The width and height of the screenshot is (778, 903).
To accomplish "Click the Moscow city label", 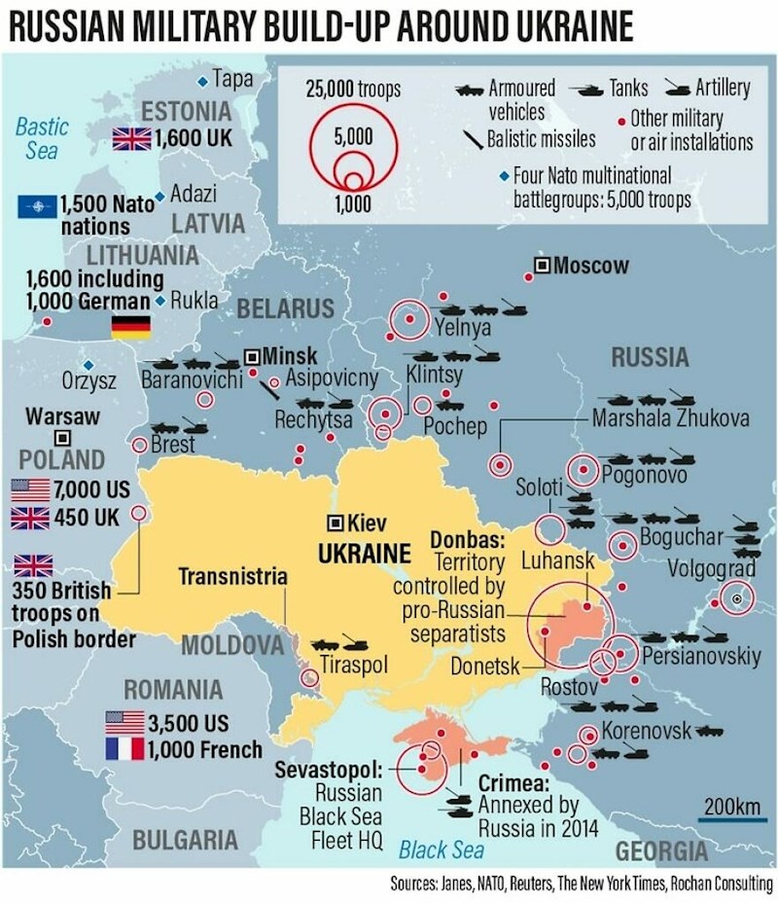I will pos(591,266).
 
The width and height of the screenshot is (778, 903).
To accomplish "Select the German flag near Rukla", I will pos(130,327).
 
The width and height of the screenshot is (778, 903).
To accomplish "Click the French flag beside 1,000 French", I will pos(124,749).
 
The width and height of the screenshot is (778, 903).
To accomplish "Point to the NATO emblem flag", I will pos(37,206).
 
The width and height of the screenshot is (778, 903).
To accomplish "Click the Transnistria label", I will pos(233,577).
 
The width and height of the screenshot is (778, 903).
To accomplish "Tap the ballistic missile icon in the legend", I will pos(474,138).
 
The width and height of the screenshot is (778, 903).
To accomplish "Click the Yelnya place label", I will pos(463,328).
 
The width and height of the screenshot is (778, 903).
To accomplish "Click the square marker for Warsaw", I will pos(62,438).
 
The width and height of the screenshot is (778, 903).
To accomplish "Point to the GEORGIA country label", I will pos(661,852).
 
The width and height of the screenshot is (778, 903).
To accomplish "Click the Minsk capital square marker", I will pos(253,356).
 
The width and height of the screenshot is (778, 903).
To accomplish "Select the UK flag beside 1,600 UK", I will pos(131,138).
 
